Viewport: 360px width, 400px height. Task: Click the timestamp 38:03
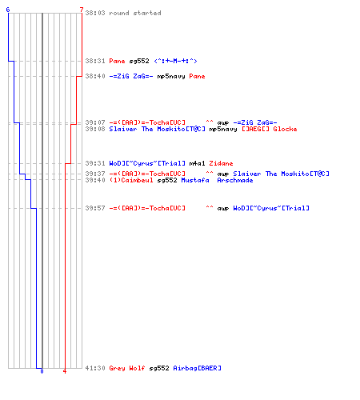[x=95, y=13]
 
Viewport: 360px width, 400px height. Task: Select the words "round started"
[x=135, y=13]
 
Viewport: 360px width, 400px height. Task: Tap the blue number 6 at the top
[x=8, y=10]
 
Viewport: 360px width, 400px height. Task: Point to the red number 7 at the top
[x=82, y=10]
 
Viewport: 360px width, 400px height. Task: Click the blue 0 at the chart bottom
[x=42, y=371]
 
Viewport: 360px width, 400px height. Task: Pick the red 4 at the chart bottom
[x=65, y=371]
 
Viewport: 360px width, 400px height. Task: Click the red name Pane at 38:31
[x=117, y=61]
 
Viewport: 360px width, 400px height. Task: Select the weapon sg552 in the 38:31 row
[x=139, y=61]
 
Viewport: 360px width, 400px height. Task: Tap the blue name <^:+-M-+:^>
[x=175, y=61]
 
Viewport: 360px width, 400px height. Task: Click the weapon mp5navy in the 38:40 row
[x=171, y=76]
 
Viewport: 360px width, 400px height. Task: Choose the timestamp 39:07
[x=95, y=122]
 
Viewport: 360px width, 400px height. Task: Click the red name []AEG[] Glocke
[x=270, y=129]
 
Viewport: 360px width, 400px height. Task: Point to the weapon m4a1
[x=197, y=163]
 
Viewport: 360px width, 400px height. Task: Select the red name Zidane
[x=221, y=163]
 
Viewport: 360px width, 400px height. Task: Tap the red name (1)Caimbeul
[x=131, y=180]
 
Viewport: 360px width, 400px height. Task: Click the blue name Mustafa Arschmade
[x=217, y=180]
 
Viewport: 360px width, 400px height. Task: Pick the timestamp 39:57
[x=95, y=208]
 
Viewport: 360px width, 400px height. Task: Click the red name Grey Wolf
[x=127, y=368]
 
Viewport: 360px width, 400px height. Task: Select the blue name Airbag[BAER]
[x=198, y=368]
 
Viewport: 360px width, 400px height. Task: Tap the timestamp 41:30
[x=95, y=368]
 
